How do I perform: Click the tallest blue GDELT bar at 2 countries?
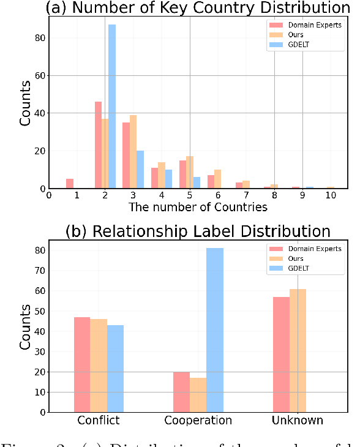112,107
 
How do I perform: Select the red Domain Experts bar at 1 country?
70,184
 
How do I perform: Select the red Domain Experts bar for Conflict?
82,364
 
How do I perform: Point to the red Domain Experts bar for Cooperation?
181,392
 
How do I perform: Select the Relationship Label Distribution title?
198,232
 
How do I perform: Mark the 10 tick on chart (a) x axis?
331,195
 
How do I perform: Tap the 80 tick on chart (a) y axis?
38,38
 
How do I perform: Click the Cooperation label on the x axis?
198,421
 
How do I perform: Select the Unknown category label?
298,421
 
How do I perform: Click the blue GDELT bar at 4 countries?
168,179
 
